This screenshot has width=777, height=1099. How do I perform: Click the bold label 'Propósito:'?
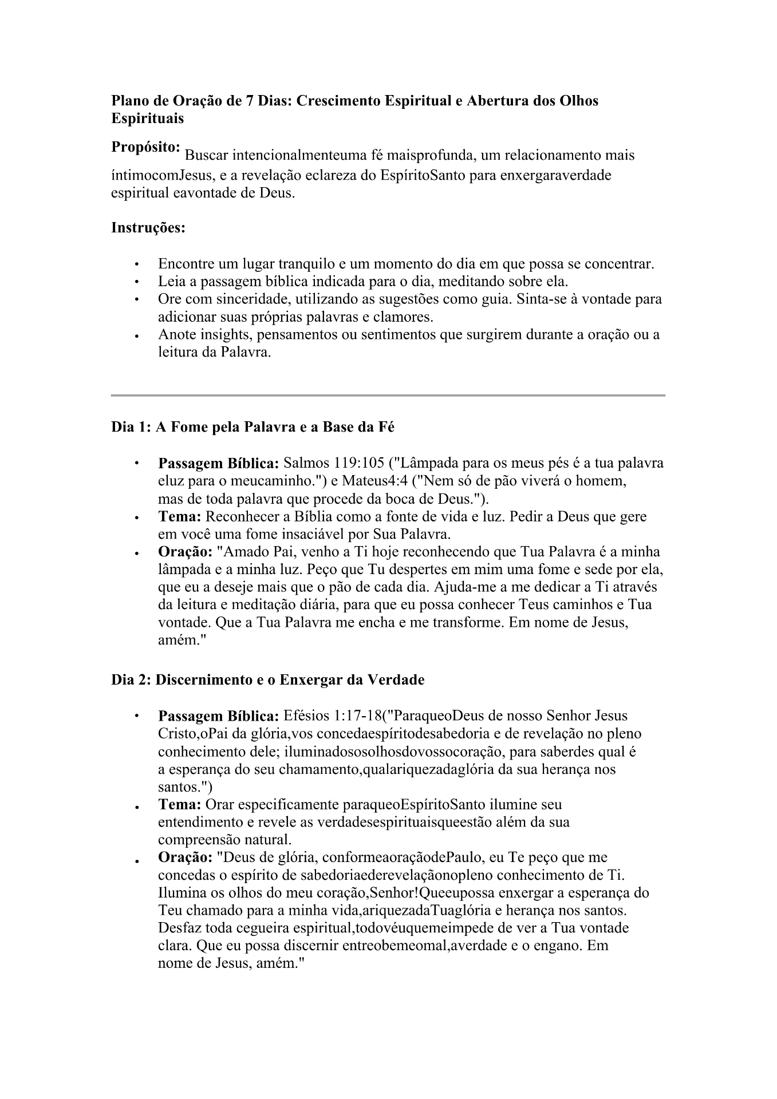click(146, 147)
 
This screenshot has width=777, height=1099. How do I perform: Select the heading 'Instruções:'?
click(148, 228)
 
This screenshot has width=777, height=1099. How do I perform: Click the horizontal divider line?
click(388, 395)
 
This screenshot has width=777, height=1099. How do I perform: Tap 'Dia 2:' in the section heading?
click(131, 680)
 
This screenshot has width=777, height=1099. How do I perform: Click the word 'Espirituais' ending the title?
click(147, 118)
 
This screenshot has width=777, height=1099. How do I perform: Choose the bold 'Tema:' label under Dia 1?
click(179, 516)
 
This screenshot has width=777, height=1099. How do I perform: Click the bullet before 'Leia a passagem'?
click(136, 282)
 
